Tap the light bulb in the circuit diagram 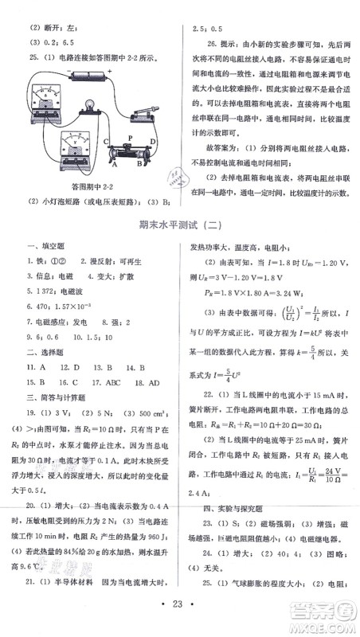point(88,103)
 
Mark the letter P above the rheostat point(130,137)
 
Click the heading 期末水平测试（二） point(178,225)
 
